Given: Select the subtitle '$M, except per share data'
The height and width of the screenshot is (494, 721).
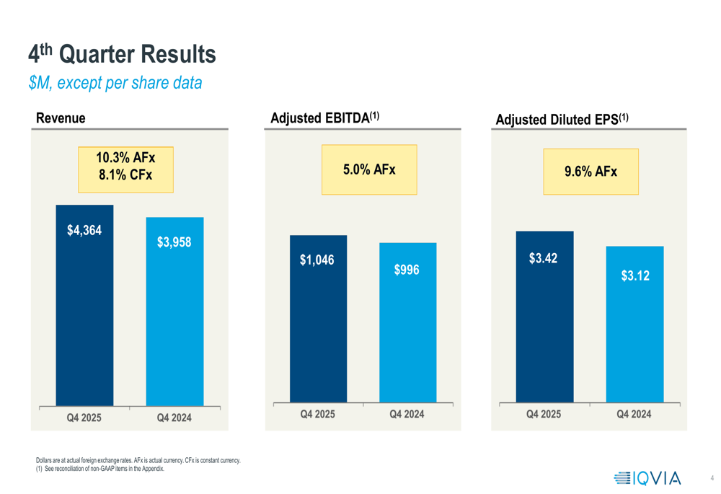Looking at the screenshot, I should click(115, 83).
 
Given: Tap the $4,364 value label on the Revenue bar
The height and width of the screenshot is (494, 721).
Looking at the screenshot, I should click(84, 231).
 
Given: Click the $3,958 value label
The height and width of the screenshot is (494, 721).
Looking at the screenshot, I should click(174, 242).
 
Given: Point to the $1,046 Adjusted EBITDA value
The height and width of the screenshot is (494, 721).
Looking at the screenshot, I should click(317, 260).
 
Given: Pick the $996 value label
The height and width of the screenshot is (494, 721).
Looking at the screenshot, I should click(407, 270).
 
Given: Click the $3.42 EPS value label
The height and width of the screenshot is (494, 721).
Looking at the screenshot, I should click(543, 258).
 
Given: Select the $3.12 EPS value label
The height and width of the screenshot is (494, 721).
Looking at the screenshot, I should click(634, 275).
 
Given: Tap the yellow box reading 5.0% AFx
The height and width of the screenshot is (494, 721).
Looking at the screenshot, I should click(369, 169).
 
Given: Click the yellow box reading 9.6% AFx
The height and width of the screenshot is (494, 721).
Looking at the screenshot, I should click(590, 172).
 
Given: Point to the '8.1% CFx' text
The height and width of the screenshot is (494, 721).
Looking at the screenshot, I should click(125, 174).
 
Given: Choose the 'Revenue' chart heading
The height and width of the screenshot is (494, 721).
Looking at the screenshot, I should click(61, 118).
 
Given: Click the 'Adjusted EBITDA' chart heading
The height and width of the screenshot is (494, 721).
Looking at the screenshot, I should click(324, 118).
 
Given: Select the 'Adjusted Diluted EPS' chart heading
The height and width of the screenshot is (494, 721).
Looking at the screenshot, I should click(562, 120).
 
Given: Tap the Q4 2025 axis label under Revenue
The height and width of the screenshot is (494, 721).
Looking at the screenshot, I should click(84, 417).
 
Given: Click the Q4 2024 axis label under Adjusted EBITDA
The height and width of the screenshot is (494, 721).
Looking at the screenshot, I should click(407, 414).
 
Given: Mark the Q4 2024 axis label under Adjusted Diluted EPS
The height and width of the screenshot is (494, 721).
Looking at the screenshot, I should click(634, 414).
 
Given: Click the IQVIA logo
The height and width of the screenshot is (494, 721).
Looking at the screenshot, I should click(647, 477).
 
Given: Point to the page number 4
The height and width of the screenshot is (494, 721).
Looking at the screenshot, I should click(712, 478).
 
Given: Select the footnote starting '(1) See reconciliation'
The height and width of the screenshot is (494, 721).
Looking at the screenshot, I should click(99, 469).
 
